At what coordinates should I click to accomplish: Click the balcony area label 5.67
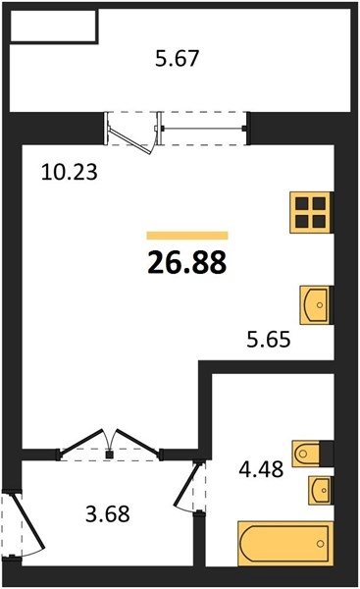(177, 59)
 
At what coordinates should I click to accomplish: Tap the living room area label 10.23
(70, 173)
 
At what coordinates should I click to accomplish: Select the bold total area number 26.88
(187, 262)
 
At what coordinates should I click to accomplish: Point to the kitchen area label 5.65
(269, 340)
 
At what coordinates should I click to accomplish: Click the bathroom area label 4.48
(261, 469)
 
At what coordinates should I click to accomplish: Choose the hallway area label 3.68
(108, 513)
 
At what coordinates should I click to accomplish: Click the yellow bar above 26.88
(187, 236)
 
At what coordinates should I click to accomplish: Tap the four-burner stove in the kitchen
(311, 212)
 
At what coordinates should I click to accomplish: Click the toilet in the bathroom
(306, 454)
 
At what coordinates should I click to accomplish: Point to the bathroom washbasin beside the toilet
(320, 490)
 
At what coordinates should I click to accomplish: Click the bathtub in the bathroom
(285, 543)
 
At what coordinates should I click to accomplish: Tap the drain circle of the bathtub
(320, 544)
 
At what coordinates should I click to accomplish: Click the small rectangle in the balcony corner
(53, 26)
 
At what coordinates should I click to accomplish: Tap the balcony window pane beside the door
(203, 129)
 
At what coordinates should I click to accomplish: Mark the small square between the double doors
(109, 455)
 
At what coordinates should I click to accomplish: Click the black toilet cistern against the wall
(327, 454)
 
